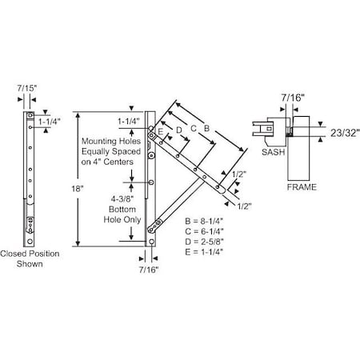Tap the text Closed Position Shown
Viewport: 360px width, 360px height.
[x=35, y=259]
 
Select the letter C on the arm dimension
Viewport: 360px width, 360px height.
[x=191, y=126]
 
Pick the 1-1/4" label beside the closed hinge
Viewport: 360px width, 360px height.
[x=57, y=124]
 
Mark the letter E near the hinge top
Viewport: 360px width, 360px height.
[x=162, y=129]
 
